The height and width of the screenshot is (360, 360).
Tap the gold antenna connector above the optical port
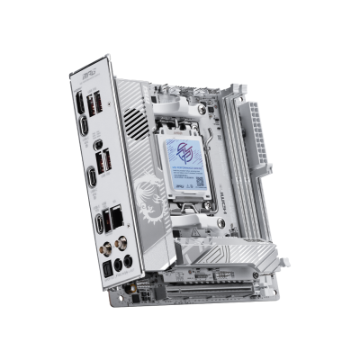101,243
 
